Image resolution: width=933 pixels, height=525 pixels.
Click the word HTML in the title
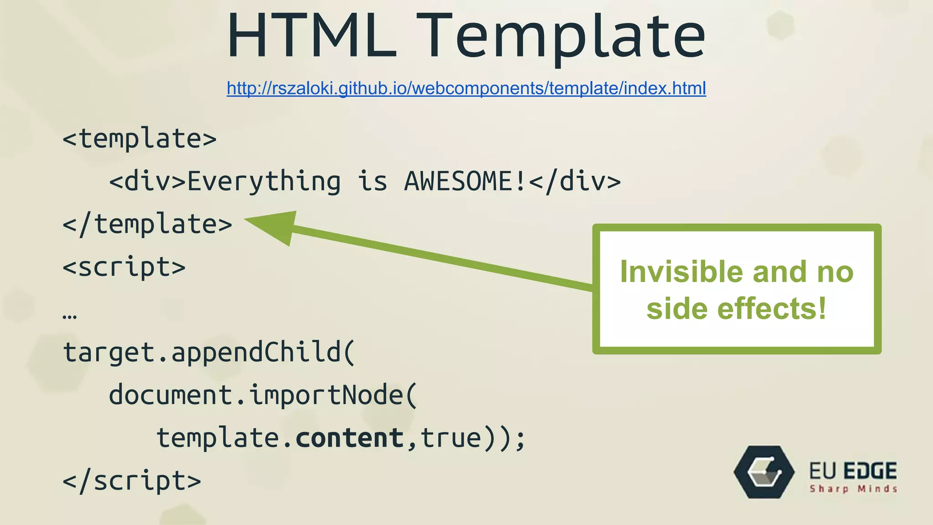pyautogui.click(x=312, y=36)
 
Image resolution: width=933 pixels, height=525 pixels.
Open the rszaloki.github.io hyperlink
pyautogui.click(x=466, y=88)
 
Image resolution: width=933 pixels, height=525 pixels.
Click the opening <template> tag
pyautogui.click(x=139, y=139)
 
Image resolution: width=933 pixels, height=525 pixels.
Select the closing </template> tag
pyautogui.click(x=147, y=224)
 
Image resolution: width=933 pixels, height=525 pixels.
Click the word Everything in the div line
pyautogui.click(x=264, y=181)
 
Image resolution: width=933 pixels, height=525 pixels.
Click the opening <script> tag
pyautogui.click(x=124, y=267)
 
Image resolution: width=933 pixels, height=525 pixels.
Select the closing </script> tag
pyautogui.click(x=132, y=481)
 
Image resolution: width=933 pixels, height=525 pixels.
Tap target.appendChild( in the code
pyautogui.click(x=209, y=353)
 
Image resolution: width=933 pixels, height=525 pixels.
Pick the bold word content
pyautogui.click(x=349, y=438)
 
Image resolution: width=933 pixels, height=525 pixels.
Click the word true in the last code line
pyautogui.click(x=451, y=438)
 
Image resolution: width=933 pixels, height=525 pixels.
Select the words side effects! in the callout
pyautogui.click(x=736, y=309)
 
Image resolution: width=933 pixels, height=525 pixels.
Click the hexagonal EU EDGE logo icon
pyautogui.click(x=764, y=472)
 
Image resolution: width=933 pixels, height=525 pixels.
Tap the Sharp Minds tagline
pyautogui.click(x=853, y=489)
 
